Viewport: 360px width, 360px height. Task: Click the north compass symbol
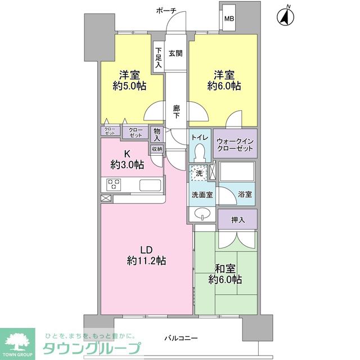[x=286, y=16]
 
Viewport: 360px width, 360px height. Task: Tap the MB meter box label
[x=229, y=19]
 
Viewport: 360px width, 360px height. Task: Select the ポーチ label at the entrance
[x=166, y=11]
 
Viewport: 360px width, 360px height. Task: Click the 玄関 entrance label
[x=175, y=53]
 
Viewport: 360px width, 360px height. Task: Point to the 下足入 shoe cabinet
[x=159, y=57]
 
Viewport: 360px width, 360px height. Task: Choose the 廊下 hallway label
[x=176, y=112]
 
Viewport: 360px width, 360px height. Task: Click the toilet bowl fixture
[x=199, y=152]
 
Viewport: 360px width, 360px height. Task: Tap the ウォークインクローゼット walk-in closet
[x=235, y=144]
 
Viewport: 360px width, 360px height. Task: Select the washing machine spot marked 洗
[x=199, y=173]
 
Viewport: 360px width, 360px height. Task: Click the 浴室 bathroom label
[x=245, y=195]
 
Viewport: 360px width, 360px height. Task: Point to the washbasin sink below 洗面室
[x=202, y=213]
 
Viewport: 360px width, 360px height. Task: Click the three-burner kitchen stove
[x=114, y=184]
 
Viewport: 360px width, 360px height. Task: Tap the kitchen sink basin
[x=150, y=185]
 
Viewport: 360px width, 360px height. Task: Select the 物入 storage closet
[x=157, y=134]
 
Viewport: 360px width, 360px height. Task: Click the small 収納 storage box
[x=157, y=149]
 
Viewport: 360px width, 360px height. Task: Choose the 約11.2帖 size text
[x=146, y=260]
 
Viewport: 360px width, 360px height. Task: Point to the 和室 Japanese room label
[x=225, y=268]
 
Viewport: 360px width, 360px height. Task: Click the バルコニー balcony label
[x=181, y=338]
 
